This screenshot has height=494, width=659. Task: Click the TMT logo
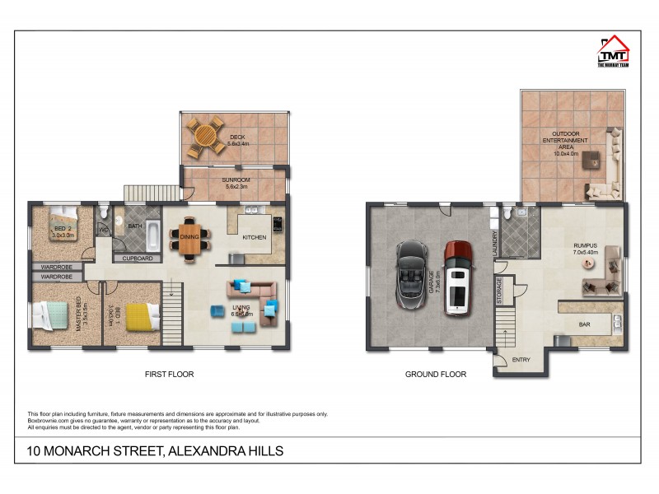point(612,51)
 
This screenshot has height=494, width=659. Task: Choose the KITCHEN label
point(254,237)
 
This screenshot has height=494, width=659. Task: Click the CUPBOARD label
point(137,258)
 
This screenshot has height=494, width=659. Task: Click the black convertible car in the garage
point(409,274)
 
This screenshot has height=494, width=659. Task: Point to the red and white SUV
point(458,277)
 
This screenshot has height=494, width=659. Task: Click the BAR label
point(584,324)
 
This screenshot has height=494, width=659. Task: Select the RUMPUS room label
point(585,245)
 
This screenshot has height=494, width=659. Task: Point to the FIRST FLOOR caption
point(169,374)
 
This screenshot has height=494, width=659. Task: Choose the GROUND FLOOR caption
point(435,374)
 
